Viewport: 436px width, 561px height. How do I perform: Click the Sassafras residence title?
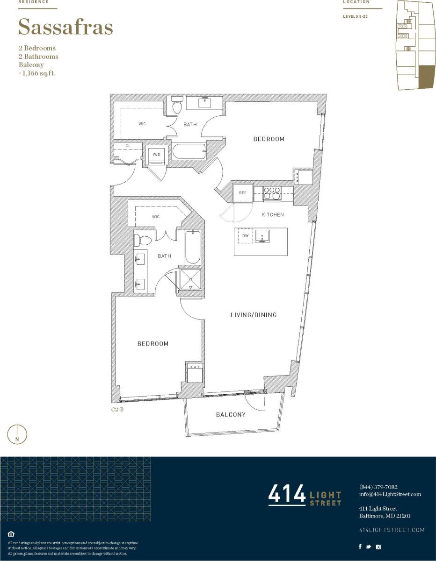click(x=65, y=28)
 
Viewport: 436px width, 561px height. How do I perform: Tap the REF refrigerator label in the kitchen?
click(x=242, y=193)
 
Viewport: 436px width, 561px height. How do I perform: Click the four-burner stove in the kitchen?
click(x=272, y=193)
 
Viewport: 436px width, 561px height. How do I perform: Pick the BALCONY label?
click(x=231, y=415)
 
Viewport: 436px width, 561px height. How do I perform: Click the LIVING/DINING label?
click(x=254, y=315)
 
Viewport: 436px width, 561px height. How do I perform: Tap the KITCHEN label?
click(x=273, y=215)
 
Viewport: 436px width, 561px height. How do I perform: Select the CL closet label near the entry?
click(x=128, y=146)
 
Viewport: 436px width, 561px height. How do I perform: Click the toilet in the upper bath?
click(x=177, y=106)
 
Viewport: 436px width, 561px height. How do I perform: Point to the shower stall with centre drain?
click(x=190, y=279)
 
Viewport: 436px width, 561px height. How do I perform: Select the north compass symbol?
click(x=17, y=434)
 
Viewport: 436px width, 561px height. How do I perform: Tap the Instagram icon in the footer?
click(x=378, y=547)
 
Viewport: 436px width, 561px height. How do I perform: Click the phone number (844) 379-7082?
click(x=378, y=487)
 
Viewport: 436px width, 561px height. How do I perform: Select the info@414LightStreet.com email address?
click(x=390, y=494)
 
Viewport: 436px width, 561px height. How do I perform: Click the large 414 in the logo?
click(x=286, y=495)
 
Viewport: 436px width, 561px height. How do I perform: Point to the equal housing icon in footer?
click(x=11, y=534)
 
